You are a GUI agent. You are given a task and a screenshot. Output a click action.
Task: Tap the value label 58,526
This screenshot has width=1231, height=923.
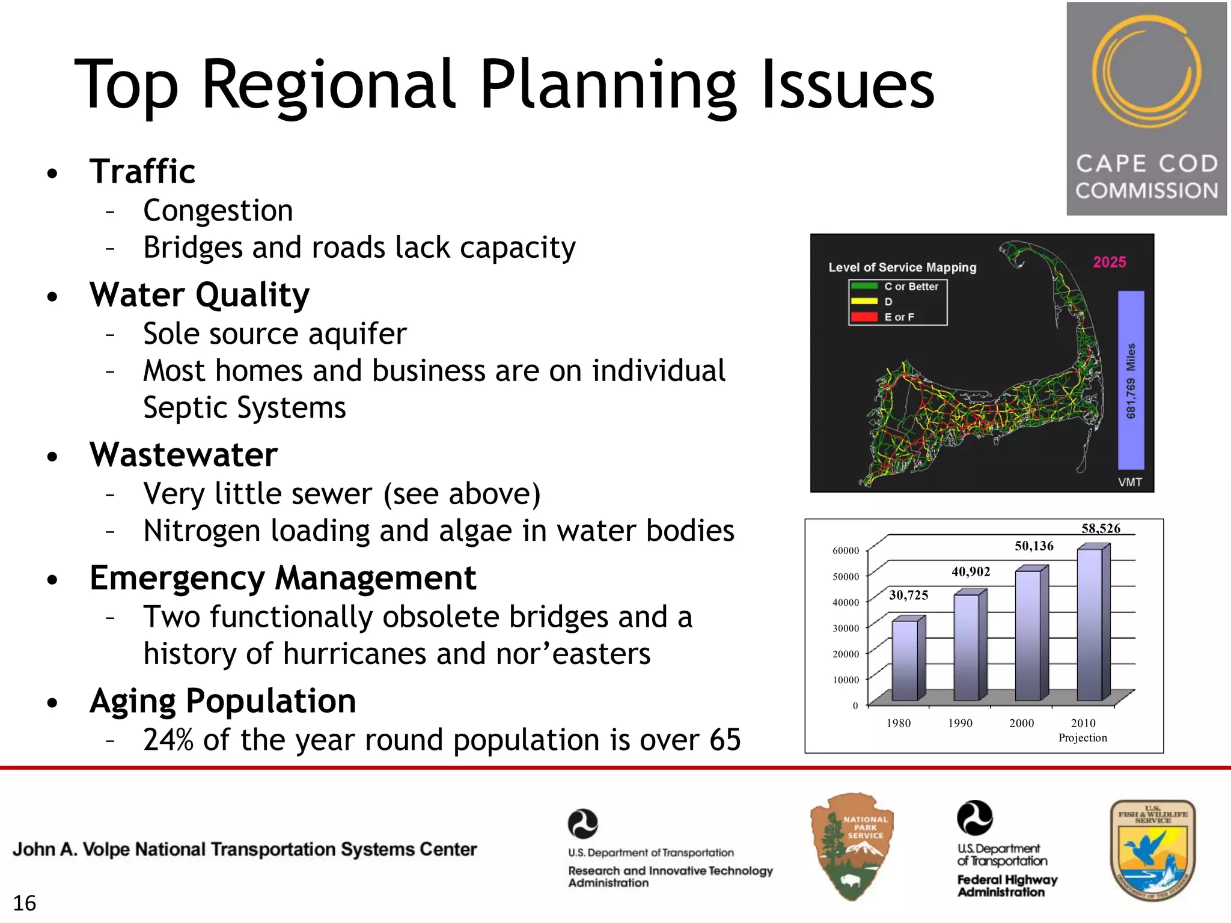pyautogui.click(x=1101, y=529)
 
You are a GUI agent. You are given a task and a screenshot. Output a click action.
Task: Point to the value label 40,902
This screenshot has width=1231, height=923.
pyautogui.click(x=971, y=571)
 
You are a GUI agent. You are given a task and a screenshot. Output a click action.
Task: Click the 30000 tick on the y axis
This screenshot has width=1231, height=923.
pyautogui.click(x=845, y=629)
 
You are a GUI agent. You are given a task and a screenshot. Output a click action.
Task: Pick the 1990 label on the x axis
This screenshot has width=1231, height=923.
pyautogui.click(x=960, y=723)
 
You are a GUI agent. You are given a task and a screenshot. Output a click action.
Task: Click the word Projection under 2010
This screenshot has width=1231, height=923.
pyautogui.click(x=1083, y=738)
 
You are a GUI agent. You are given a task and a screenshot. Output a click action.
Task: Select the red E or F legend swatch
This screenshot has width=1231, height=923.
pyautogui.click(x=864, y=317)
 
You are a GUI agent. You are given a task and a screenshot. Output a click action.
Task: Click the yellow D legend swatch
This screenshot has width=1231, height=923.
pyautogui.click(x=864, y=302)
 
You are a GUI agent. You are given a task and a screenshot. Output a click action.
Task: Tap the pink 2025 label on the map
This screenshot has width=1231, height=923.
pyautogui.click(x=1109, y=262)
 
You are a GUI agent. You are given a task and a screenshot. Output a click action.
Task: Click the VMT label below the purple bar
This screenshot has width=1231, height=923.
pyautogui.click(x=1129, y=482)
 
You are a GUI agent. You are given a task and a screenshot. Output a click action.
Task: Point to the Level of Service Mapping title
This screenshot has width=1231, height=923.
pyautogui.click(x=902, y=267)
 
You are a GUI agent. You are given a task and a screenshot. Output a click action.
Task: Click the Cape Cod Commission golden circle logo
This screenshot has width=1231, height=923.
pyautogui.click(x=1146, y=73)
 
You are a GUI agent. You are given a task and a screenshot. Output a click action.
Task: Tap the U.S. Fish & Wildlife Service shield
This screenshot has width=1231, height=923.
pyautogui.click(x=1152, y=850)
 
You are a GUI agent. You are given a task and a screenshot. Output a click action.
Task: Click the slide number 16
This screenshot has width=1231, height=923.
pyautogui.click(x=25, y=903)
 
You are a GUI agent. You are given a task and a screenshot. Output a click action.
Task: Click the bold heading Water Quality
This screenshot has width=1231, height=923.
pyautogui.click(x=200, y=295)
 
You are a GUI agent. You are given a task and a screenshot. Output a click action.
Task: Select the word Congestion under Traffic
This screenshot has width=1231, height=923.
pyautogui.click(x=218, y=211)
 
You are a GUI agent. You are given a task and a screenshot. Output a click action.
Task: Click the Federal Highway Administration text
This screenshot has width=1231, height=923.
pyautogui.click(x=1007, y=886)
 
